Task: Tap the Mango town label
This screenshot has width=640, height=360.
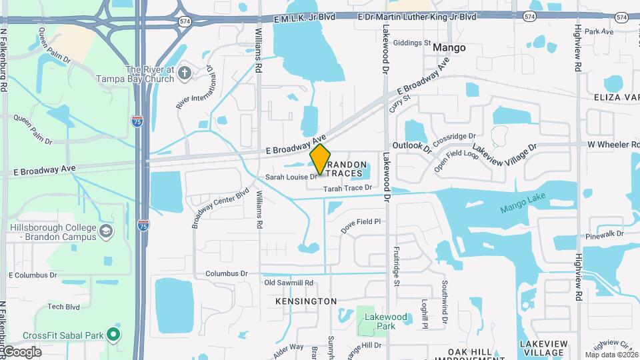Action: (x=449, y=48)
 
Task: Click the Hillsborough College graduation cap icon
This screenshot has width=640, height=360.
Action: (x=105, y=232)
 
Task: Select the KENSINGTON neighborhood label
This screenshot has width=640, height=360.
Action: (x=306, y=301)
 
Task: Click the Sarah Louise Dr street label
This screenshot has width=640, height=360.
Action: (x=291, y=177)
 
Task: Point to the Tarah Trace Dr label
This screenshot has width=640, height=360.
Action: (x=347, y=189)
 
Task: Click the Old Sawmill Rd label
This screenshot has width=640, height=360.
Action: (x=289, y=283)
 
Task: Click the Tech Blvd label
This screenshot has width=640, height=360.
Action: (x=63, y=307)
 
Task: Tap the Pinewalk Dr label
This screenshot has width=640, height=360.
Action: (x=605, y=235)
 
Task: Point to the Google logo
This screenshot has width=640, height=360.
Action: (x=21, y=352)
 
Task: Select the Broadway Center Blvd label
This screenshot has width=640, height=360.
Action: (x=220, y=207)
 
